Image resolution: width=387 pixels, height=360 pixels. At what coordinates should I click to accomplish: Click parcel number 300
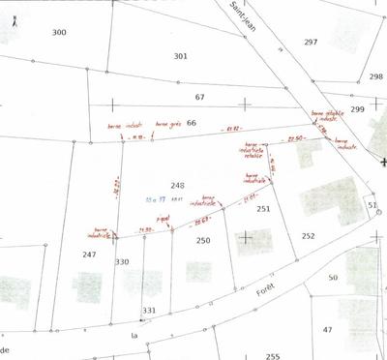pyautogui.click(x=59, y=33)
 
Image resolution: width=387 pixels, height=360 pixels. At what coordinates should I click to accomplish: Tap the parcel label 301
pyautogui.click(x=180, y=56)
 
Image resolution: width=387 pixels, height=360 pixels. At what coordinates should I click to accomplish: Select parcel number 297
pyautogui.click(x=311, y=43)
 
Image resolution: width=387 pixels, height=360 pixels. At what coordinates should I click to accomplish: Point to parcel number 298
pyautogui.click(x=375, y=76)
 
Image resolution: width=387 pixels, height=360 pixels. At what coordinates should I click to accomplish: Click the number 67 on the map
pyautogui.click(x=200, y=98)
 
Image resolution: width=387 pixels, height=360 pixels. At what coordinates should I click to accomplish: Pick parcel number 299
pyautogui.click(x=358, y=109)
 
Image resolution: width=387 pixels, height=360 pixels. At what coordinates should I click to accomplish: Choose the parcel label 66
pyautogui.click(x=192, y=123)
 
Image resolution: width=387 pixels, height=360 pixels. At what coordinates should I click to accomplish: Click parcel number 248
pyautogui.click(x=177, y=185)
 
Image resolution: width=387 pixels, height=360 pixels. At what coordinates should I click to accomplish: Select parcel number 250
pyautogui.click(x=203, y=240)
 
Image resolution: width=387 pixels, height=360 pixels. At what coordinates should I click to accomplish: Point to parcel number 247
pyautogui.click(x=89, y=254)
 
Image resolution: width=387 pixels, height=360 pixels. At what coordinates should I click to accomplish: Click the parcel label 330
pyautogui.click(x=122, y=262)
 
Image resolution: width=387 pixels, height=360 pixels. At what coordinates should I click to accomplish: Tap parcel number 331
pyautogui.click(x=149, y=310)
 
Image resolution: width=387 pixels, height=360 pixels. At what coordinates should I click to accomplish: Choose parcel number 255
pyautogui.click(x=273, y=355)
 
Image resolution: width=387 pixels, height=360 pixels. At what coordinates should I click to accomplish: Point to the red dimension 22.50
pyautogui.click(x=297, y=139)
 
